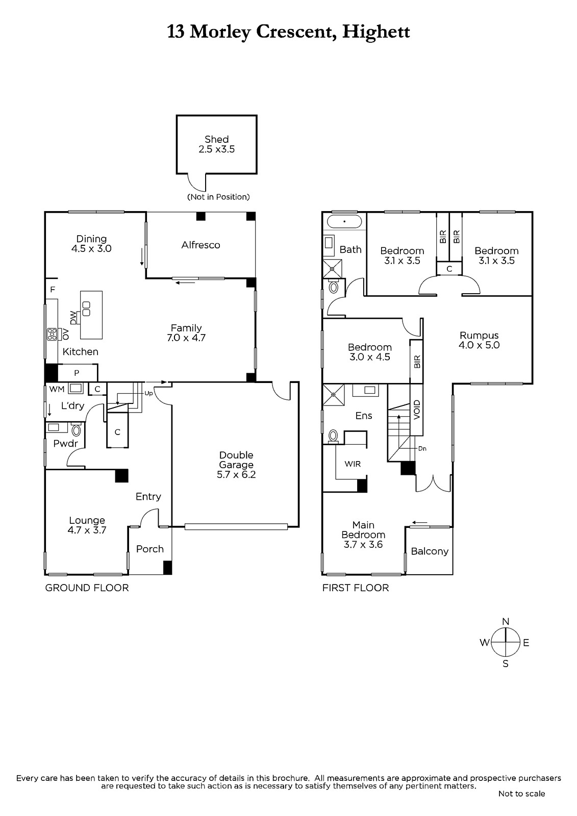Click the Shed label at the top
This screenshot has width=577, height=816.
click(216, 139)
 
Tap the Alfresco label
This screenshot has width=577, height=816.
click(201, 245)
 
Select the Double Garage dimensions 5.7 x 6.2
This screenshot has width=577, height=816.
click(236, 475)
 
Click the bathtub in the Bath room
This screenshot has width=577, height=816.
click(344, 221)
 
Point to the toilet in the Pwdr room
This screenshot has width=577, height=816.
click(76, 430)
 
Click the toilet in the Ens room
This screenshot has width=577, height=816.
click(333, 436)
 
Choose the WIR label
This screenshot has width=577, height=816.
click(353, 464)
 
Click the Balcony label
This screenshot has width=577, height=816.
click(430, 551)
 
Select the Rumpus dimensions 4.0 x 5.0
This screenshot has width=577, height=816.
click(479, 345)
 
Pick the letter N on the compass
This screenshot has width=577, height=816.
click(506, 622)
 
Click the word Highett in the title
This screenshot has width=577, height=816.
click(376, 32)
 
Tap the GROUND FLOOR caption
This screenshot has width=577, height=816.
click(87, 588)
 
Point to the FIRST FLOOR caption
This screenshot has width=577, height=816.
click(356, 588)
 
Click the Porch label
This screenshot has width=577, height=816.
click(150, 549)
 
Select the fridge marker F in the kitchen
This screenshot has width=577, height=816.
click(53, 290)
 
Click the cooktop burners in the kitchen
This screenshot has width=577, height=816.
click(52, 334)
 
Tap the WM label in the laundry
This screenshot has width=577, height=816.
click(57, 389)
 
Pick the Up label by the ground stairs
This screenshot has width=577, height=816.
click(148, 393)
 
